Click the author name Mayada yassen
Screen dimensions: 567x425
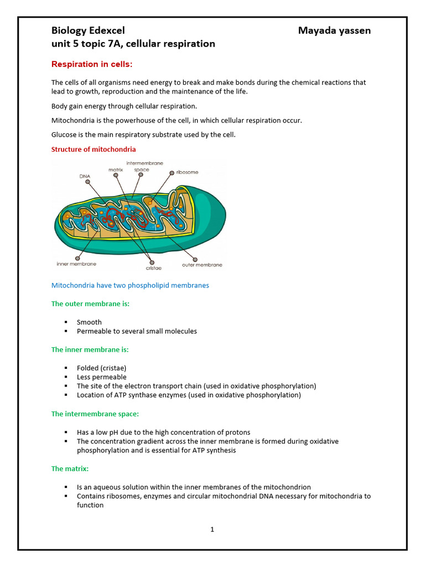coord(334,30)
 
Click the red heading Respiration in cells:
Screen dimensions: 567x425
coord(92,64)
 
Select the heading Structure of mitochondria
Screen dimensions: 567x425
coord(94,150)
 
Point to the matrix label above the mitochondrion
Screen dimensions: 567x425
coord(115,169)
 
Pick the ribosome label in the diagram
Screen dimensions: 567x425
coord(187,172)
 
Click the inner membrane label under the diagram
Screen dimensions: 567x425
coord(76,265)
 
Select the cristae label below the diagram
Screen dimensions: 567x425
coord(153,268)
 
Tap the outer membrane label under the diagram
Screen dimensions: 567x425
coord(202,265)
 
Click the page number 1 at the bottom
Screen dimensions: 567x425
coord(212,529)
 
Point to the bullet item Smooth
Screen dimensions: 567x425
coord(89,322)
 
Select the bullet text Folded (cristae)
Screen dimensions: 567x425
coord(101,368)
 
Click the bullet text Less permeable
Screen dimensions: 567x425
coord(101,377)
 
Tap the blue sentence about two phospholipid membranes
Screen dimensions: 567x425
coord(130,286)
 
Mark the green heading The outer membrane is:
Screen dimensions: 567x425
coord(90,303)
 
